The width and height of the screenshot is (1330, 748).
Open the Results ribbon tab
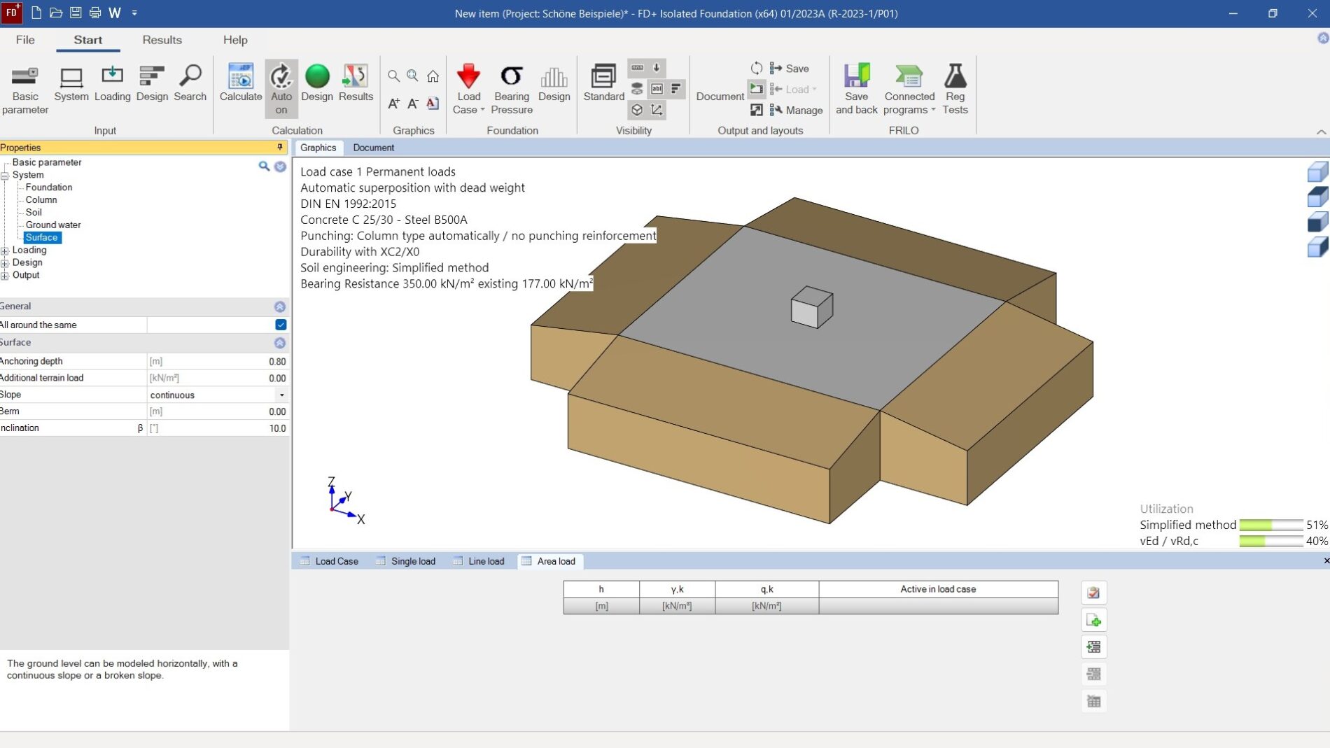click(162, 40)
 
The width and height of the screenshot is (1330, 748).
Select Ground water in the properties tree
click(53, 225)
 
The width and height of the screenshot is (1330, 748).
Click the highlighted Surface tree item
click(41, 237)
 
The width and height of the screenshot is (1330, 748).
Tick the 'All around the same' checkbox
click(281, 325)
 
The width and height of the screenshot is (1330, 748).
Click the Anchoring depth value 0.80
click(277, 362)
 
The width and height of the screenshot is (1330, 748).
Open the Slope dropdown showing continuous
click(281, 395)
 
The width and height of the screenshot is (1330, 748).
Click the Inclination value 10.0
click(277, 428)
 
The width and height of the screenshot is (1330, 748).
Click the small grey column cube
click(811, 307)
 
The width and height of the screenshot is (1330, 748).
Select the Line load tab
click(486, 561)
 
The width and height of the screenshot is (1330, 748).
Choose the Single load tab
click(412, 561)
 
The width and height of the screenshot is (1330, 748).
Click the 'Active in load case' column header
click(937, 589)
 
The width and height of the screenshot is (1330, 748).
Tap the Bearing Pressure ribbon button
click(512, 87)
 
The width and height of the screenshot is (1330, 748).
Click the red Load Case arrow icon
click(468, 76)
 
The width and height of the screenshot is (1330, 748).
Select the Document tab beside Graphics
click(373, 148)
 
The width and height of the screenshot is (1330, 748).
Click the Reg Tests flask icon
click(955, 76)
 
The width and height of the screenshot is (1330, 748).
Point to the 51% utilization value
click(1316, 525)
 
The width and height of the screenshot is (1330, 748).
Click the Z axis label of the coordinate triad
click(331, 481)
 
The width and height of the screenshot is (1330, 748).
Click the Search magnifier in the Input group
click(190, 76)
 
